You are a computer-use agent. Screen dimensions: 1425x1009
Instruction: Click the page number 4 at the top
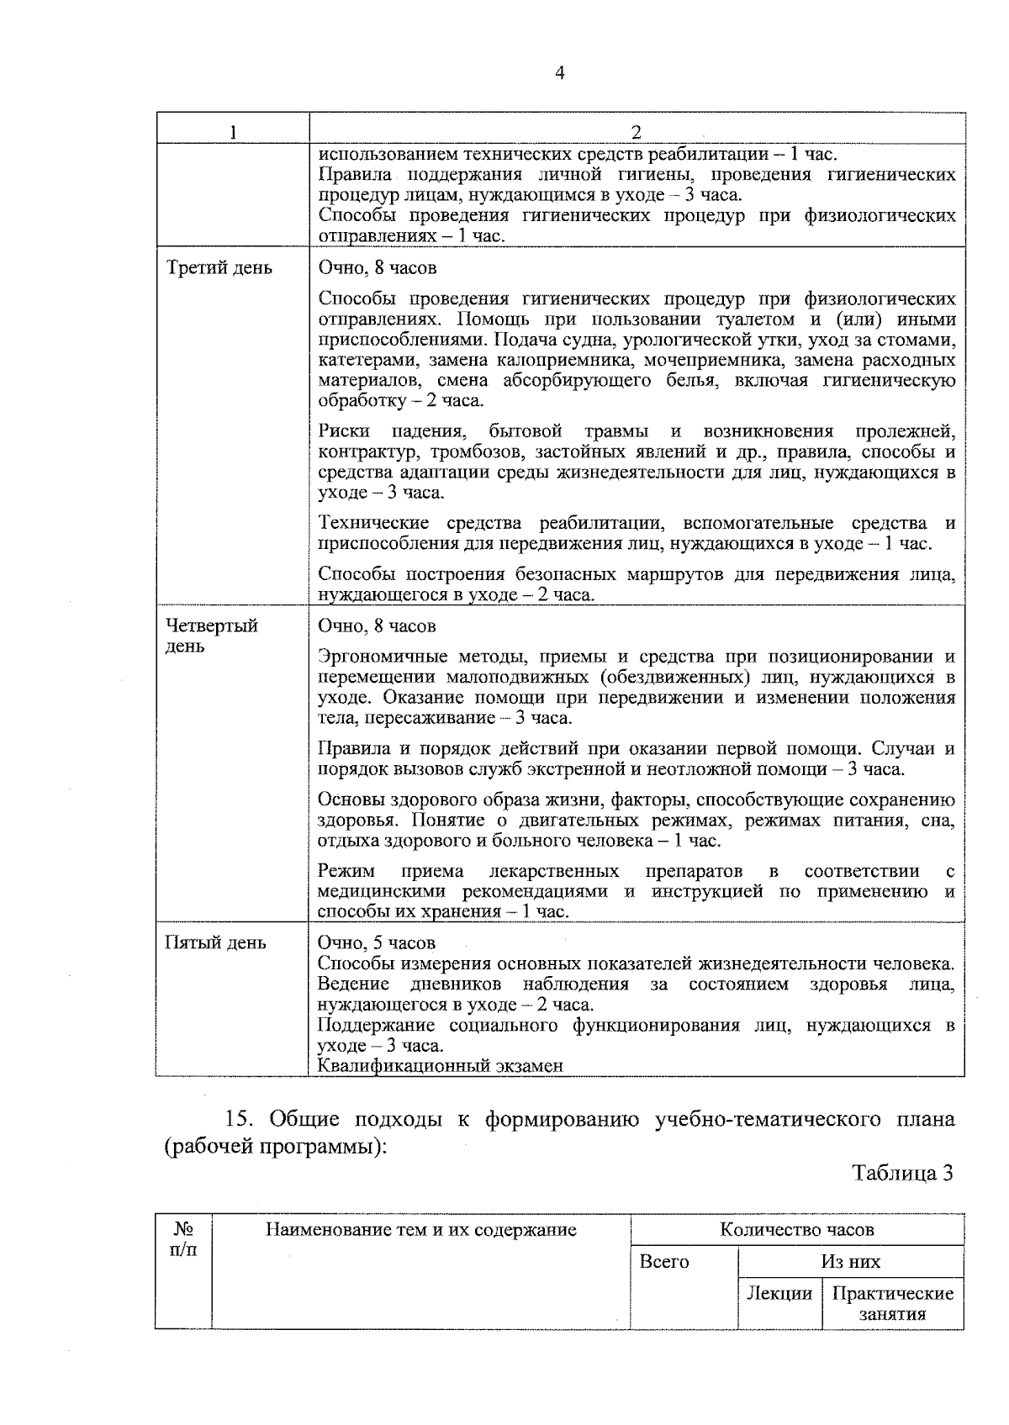[x=560, y=73]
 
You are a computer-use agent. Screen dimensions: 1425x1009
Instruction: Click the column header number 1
[x=232, y=133]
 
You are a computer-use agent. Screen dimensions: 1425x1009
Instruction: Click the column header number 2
[x=636, y=133]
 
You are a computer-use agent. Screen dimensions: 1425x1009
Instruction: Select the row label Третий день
[x=219, y=268]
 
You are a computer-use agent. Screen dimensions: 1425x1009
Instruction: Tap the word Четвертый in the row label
[x=212, y=626]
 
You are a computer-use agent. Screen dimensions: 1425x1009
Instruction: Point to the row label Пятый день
[x=216, y=942]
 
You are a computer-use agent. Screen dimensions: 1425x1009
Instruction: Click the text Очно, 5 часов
[x=377, y=942]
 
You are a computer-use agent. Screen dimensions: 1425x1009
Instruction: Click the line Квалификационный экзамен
[x=440, y=1066]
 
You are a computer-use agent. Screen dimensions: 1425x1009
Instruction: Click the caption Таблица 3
[x=902, y=1174]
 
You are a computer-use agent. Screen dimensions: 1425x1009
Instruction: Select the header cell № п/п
[x=183, y=1239]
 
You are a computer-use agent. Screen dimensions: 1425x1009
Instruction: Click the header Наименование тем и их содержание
[x=420, y=1230]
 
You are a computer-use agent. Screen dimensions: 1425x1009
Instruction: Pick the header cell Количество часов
[x=796, y=1230]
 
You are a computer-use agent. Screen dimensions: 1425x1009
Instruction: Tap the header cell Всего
[x=663, y=1262]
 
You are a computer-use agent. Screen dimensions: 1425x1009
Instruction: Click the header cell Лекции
[x=779, y=1294]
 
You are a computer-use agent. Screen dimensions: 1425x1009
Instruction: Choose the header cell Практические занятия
[x=892, y=1304]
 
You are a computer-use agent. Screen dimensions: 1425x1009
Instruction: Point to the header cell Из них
[x=850, y=1262]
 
